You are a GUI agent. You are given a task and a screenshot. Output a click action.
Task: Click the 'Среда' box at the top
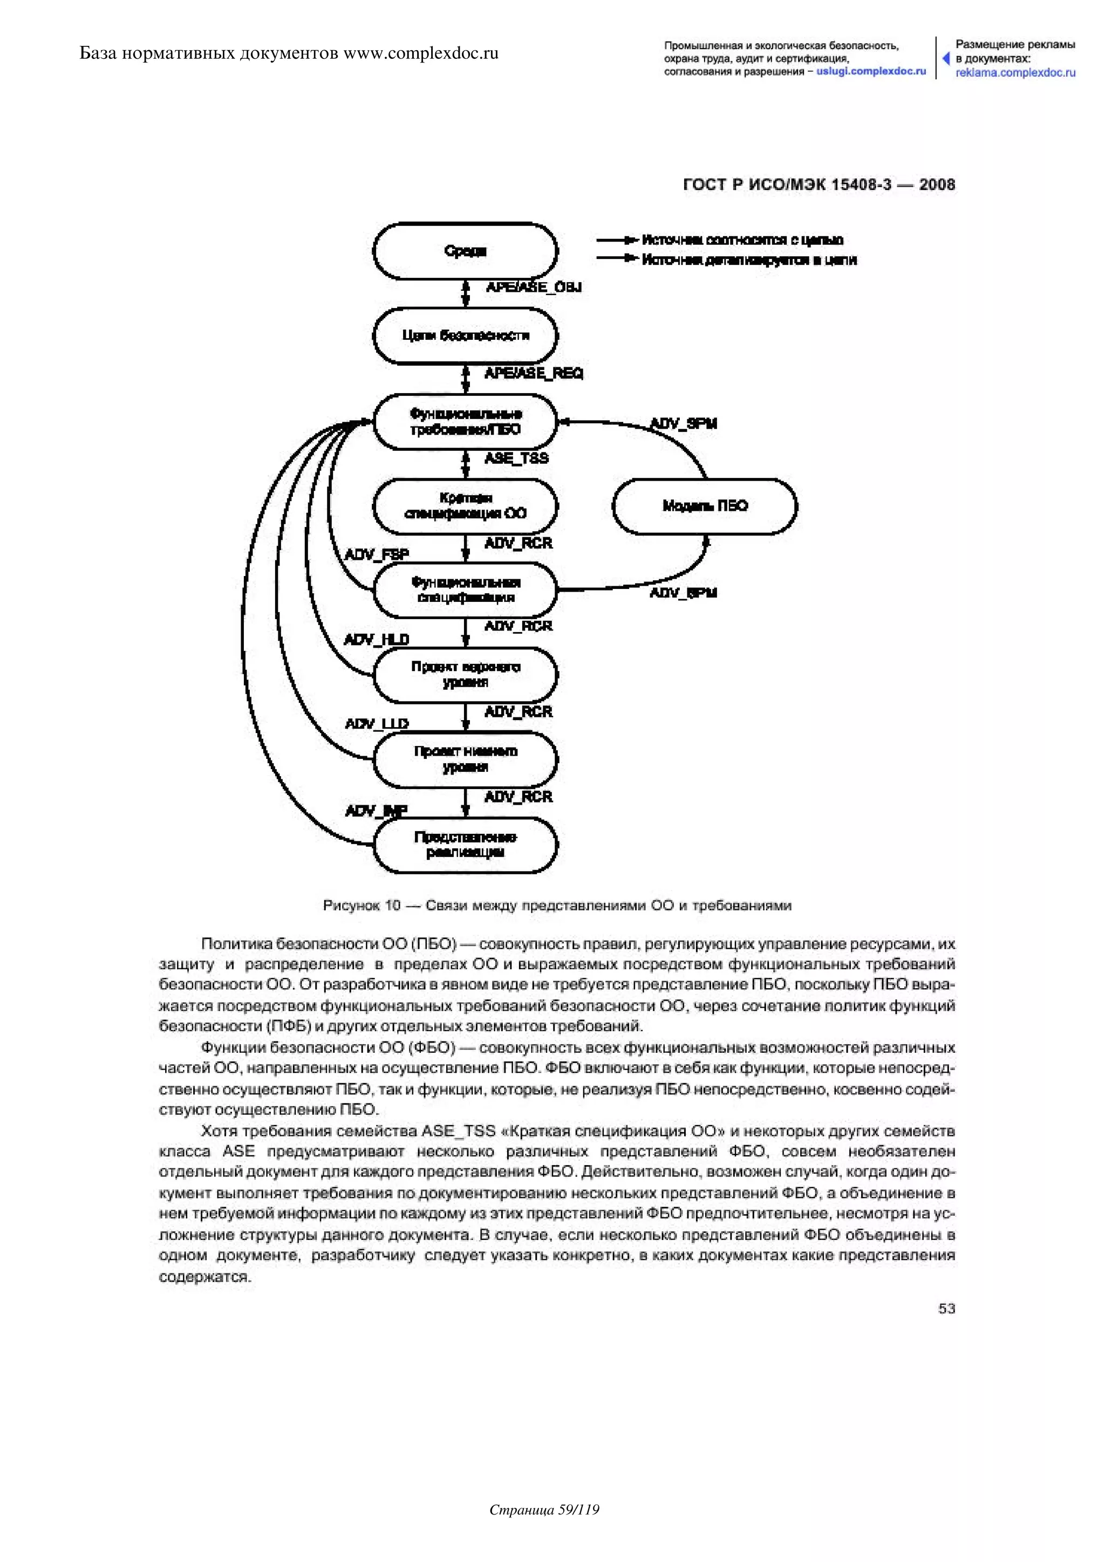pyautogui.click(x=466, y=251)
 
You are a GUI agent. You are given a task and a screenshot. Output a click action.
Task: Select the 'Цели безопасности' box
pyautogui.click(x=466, y=335)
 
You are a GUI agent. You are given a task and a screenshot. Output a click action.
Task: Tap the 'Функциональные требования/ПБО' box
pyautogui.click(x=466, y=422)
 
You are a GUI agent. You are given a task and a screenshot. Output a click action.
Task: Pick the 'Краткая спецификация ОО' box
pyautogui.click(x=466, y=505)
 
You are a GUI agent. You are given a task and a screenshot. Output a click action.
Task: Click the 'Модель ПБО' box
pyautogui.click(x=705, y=505)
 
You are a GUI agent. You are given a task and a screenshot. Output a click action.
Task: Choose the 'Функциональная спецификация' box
pyautogui.click(x=466, y=590)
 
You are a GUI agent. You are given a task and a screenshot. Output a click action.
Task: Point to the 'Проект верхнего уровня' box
pyautogui.click(x=466, y=674)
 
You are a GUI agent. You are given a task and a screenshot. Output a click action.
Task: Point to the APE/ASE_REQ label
pyautogui.click(x=534, y=373)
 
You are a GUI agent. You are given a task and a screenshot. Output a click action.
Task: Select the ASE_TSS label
pyautogui.click(x=516, y=458)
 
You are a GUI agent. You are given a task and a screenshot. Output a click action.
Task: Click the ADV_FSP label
pyautogui.click(x=377, y=554)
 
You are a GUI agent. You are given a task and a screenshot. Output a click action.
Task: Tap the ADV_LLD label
pyautogui.click(x=377, y=724)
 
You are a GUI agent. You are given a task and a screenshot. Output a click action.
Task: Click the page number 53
pyautogui.click(x=946, y=1308)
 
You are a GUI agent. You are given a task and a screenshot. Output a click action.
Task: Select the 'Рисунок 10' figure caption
pyautogui.click(x=557, y=906)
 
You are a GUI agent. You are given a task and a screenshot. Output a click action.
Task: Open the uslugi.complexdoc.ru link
pyautogui.click(x=871, y=71)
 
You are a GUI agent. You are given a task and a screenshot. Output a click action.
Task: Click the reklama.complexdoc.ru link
pyautogui.click(x=1015, y=73)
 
